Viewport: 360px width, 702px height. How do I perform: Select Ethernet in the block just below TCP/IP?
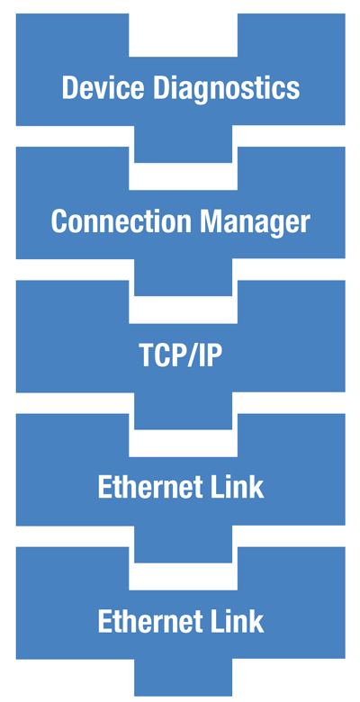pos(150,488)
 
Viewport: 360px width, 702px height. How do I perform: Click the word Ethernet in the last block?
pos(150,621)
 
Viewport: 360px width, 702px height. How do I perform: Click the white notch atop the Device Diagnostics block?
pos(183,34)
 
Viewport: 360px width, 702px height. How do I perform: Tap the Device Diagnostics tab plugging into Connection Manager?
pos(183,147)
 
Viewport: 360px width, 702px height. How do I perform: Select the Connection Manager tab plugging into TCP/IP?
pos(183,280)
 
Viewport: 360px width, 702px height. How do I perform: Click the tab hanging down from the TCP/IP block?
pos(183,413)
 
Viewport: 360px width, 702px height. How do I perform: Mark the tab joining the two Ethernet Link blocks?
pos(183,546)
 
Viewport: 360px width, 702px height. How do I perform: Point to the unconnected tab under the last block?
pos(183,679)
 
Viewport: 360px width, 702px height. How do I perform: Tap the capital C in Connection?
pos(59,221)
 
